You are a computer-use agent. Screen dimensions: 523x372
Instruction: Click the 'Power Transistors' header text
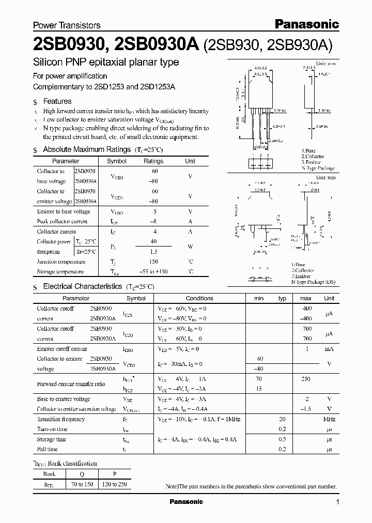click(x=67, y=25)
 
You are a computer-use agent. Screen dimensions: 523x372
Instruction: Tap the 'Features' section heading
click(x=57, y=101)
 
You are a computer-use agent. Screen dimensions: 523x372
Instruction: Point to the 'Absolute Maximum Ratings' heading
click(x=86, y=149)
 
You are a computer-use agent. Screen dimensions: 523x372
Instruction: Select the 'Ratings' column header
click(x=153, y=161)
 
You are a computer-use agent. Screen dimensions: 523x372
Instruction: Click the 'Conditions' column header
click(x=199, y=298)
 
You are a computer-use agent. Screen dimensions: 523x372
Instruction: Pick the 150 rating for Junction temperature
click(x=153, y=261)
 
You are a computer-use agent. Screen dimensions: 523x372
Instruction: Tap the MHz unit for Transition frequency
click(x=329, y=419)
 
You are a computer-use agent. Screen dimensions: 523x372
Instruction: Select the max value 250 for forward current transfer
click(x=306, y=379)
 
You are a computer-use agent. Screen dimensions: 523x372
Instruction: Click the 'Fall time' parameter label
click(x=48, y=449)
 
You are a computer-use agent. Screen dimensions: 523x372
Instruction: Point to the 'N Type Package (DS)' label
click(x=315, y=281)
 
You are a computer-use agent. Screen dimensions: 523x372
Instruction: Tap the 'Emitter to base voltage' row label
click(x=64, y=211)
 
